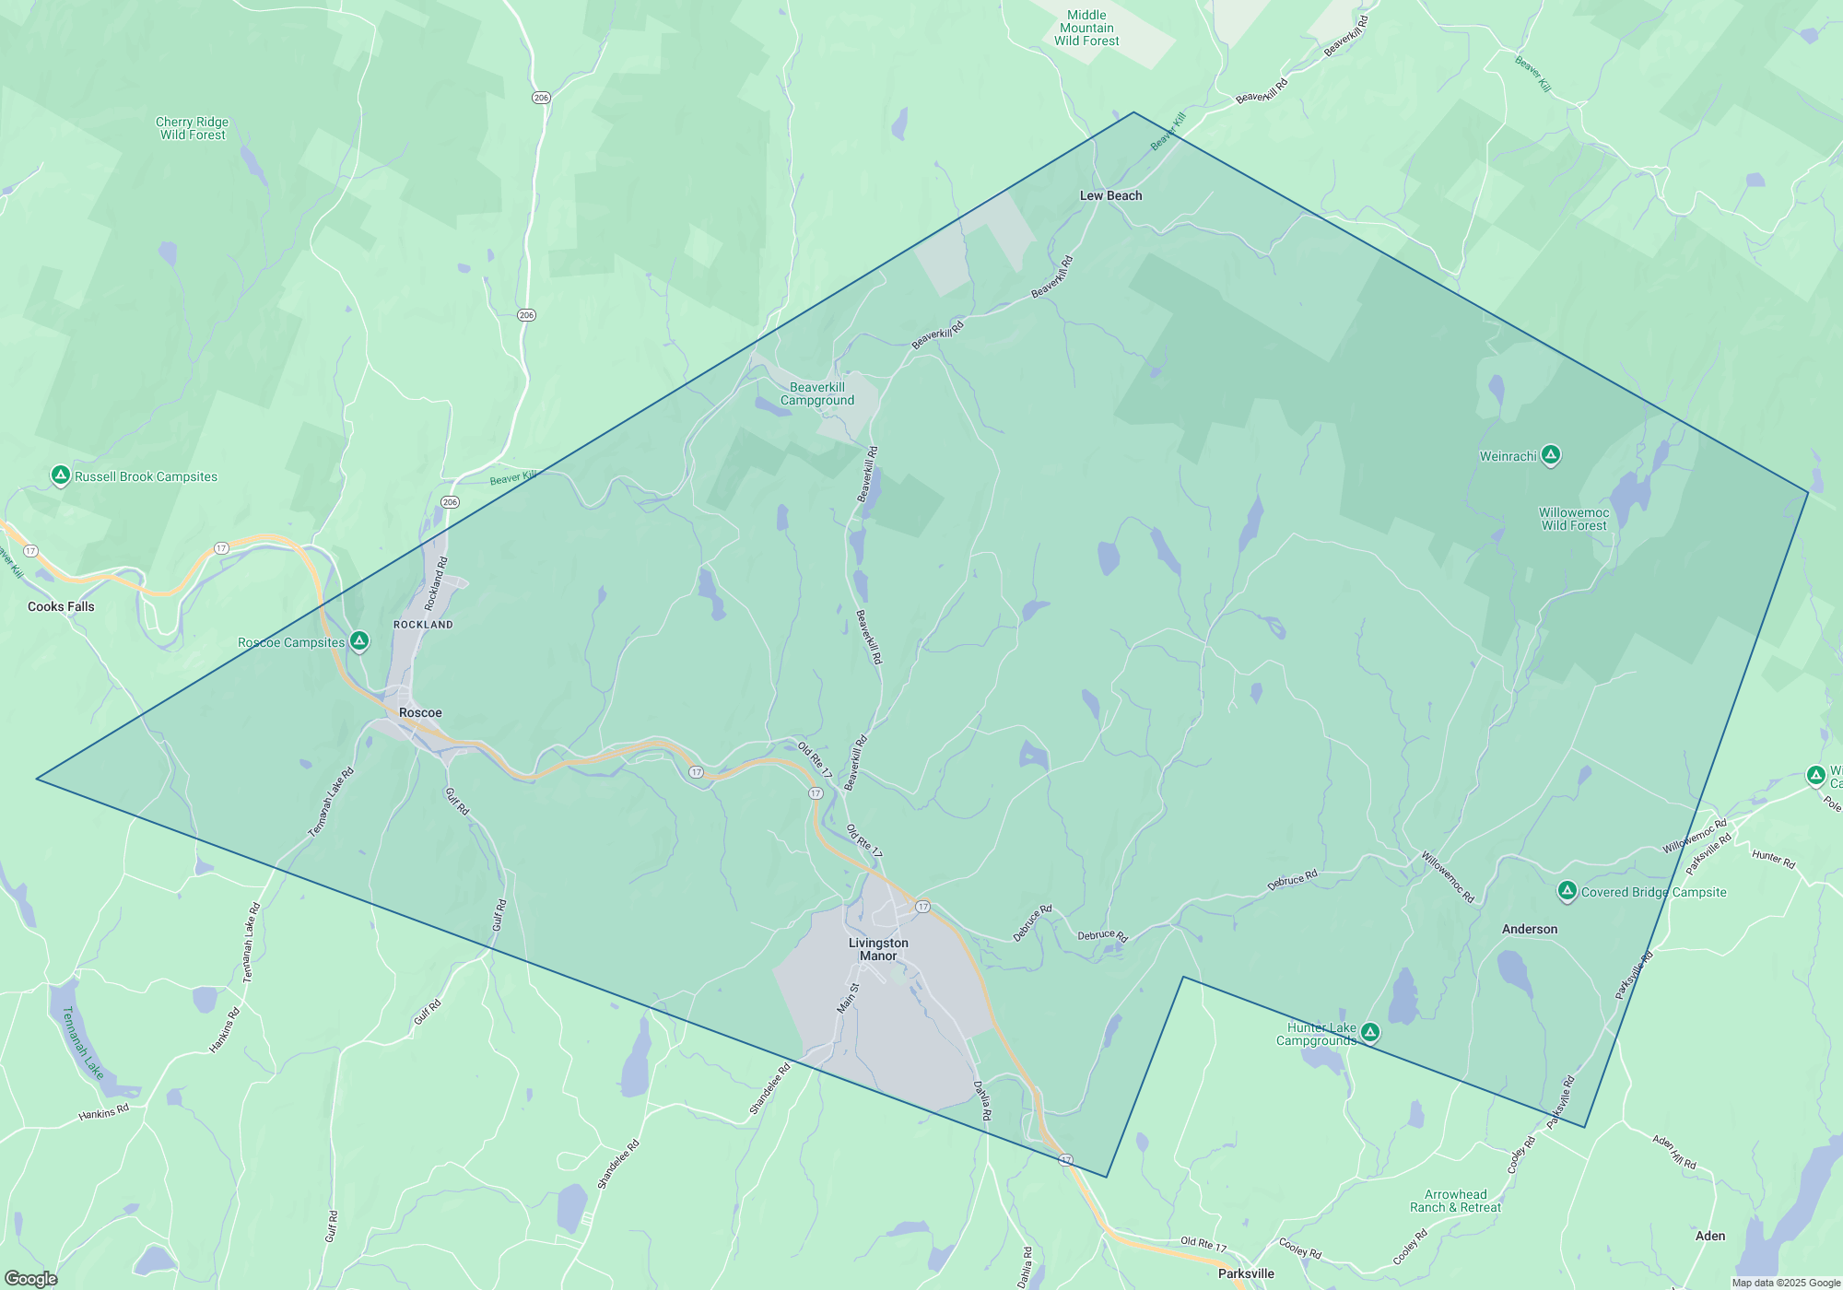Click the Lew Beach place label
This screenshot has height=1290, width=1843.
1110,195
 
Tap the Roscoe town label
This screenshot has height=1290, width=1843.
420,712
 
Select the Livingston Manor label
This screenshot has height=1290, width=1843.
878,949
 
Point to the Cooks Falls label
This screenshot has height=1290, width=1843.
61,606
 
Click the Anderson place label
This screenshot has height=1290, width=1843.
1530,929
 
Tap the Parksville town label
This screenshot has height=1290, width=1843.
1246,1273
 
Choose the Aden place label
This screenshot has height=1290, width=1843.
1710,1236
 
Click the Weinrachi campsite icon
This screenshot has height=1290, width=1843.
1551,454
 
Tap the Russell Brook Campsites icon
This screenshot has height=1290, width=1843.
61,475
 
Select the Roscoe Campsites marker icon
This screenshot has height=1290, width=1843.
359,640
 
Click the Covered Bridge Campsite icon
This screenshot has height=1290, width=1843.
1567,890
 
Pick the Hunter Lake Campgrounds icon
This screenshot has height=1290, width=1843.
1370,1032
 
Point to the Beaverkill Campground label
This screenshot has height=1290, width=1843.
817,393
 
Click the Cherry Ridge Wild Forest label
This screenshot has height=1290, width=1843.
192,128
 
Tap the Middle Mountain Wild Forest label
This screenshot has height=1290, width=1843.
1086,28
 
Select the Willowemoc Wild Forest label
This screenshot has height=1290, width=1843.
1574,519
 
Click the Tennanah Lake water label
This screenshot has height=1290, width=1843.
82,1042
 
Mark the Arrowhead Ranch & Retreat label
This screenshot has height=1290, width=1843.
1455,1201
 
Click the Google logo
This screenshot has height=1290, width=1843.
31,1279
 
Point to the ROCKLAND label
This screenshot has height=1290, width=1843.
423,625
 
